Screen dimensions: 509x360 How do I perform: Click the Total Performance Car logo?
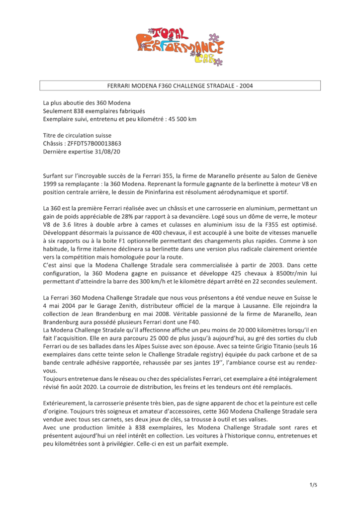point(180,45)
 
